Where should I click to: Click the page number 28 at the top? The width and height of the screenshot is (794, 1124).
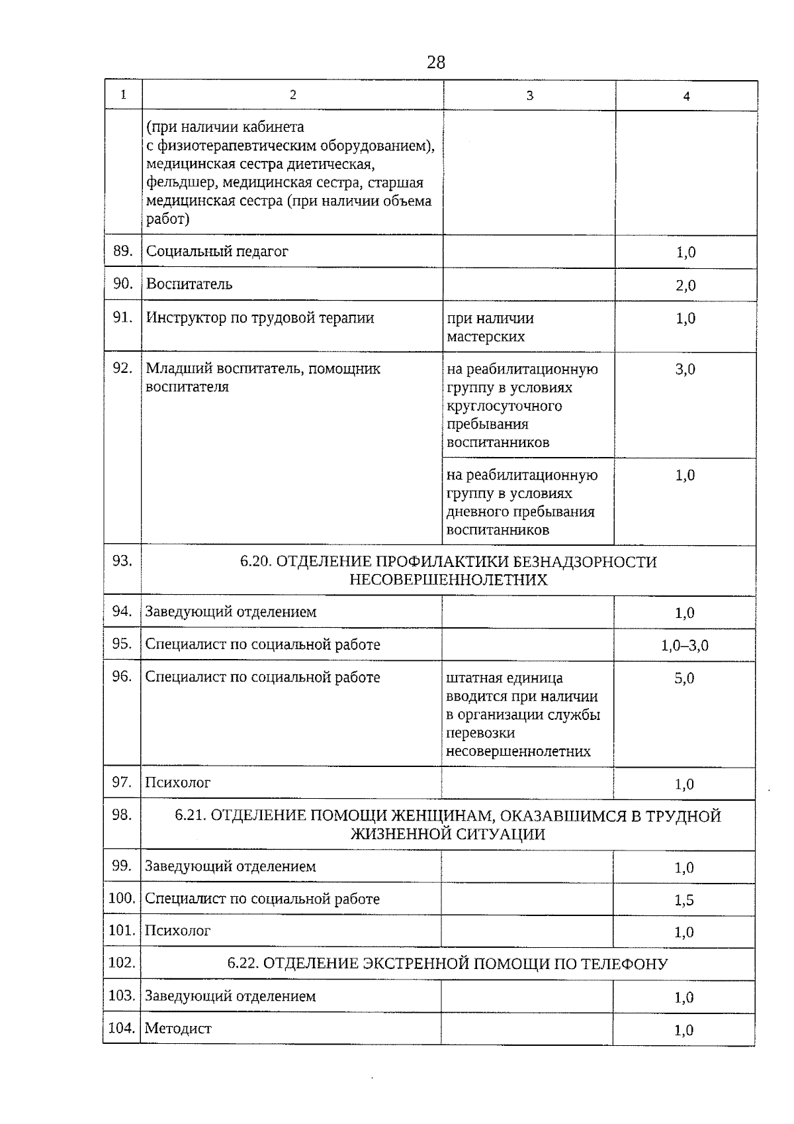[436, 62]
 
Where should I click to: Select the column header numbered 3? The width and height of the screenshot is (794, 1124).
[529, 95]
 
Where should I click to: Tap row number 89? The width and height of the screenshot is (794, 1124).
[122, 251]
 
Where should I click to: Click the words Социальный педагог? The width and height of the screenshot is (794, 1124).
[217, 252]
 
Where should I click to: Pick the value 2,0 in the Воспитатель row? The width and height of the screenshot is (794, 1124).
[685, 285]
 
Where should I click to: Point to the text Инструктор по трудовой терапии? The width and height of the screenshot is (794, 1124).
[260, 318]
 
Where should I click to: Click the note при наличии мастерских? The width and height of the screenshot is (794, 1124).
[490, 327]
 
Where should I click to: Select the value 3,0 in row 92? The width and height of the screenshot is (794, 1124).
[685, 370]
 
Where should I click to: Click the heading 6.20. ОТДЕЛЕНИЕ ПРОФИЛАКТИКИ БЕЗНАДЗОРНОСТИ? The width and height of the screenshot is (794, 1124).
[448, 562]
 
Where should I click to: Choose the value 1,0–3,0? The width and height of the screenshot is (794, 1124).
[684, 645]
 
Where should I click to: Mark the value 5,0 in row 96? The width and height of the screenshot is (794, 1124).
[684, 678]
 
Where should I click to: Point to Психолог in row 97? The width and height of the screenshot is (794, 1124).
[177, 783]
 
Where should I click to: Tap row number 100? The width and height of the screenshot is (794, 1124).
[122, 899]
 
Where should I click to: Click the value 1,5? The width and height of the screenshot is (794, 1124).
[684, 900]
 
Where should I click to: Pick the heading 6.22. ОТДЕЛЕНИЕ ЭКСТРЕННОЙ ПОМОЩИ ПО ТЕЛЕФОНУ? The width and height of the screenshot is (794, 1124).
[447, 964]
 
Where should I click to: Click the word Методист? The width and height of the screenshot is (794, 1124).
[178, 1029]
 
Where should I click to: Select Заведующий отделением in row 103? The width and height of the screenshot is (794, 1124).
[230, 996]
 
